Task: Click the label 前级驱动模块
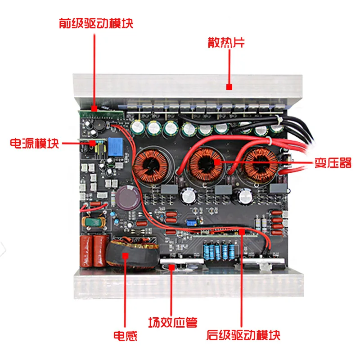96,23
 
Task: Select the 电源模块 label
34,144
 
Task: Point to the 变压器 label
333,163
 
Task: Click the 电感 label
125,335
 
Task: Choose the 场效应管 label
173,322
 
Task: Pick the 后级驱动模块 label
243,335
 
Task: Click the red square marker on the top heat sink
229,87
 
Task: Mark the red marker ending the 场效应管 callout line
173,267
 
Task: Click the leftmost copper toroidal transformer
151,166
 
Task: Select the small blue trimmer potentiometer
192,222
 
